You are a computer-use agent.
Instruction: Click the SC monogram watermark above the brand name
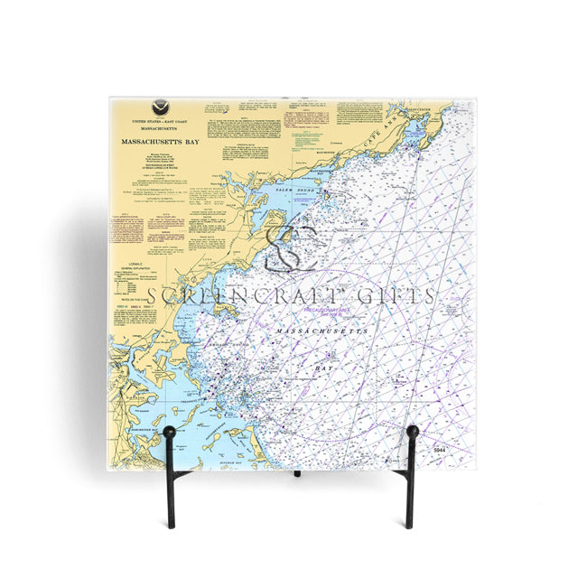[x=292, y=247]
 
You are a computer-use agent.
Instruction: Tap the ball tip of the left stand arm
[x=168, y=433]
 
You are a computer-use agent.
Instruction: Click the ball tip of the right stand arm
[x=412, y=432]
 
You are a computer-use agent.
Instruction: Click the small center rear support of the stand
[x=296, y=473]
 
